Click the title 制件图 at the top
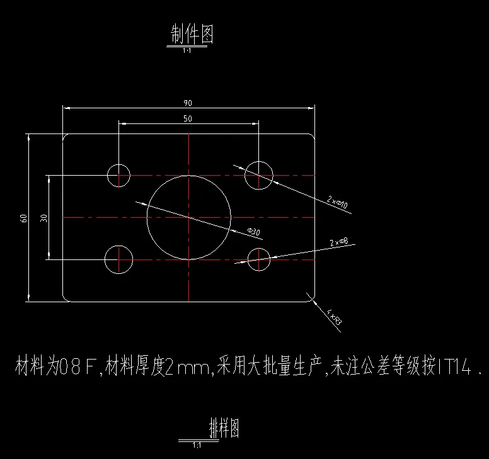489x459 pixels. tap(192, 34)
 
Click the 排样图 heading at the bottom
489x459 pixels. tap(224, 429)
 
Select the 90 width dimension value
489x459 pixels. tap(188, 103)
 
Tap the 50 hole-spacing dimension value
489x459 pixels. tap(188, 118)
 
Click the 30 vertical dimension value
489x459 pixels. tap(43, 218)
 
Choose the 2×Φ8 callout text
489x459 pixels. tap(338, 242)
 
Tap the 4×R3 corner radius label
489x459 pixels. tap(335, 317)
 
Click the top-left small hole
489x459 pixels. tap(118, 174)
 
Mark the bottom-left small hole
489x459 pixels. tap(118, 259)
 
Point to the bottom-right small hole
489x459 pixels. tap(258, 259)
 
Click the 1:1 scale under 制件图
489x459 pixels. tap(187, 50)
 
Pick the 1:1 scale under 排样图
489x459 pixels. tap(197, 445)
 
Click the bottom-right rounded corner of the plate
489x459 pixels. tap(311, 298)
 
